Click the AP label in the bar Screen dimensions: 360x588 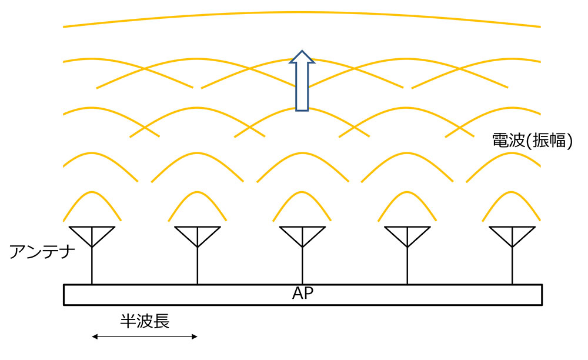tap(302, 294)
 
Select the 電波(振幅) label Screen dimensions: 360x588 tap(532, 141)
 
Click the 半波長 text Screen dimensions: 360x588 tap(145, 321)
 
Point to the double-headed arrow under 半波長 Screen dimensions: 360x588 tap(145, 337)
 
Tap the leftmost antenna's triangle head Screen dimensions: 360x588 tap(92, 235)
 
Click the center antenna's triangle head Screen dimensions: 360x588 tap(302, 235)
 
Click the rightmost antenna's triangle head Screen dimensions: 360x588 tap(512, 235)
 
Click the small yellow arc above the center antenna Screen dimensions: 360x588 tap(302, 192)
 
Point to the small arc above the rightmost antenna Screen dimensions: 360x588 tap(512, 192)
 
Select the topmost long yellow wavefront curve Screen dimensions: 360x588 tap(302, 12)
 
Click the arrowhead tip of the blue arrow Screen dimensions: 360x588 tap(302, 51)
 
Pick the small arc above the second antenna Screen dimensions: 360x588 tap(198, 192)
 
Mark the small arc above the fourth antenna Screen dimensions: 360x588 tap(407, 192)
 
